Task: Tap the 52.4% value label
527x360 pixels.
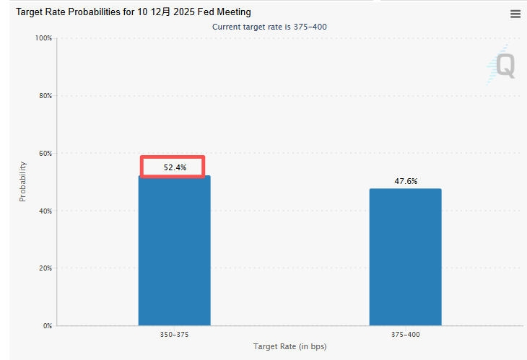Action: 175,167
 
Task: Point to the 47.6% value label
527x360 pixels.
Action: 406,181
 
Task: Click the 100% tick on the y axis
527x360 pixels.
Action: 43,38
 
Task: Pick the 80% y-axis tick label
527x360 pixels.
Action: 45,95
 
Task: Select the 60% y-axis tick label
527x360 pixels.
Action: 45,153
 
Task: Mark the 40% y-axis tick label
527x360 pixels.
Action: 45,211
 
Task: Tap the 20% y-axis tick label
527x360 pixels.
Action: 45,268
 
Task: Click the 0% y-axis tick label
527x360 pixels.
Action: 47,326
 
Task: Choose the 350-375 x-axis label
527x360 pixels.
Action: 174,335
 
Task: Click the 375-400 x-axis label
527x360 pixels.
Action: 405,335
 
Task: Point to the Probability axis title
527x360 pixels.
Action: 22,181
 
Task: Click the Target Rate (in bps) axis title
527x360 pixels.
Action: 289,347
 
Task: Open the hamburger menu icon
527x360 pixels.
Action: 515,14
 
